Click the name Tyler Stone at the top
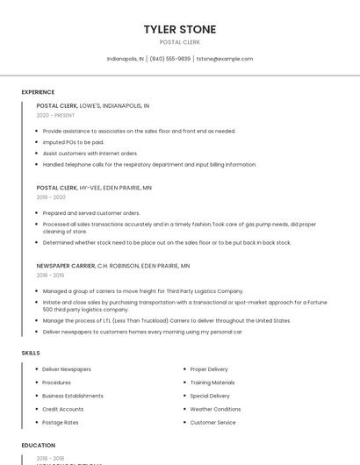180,30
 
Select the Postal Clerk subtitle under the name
180,42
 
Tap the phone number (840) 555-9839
170,59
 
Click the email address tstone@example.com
225,59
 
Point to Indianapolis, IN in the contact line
126,59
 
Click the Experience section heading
38,92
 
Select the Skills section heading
31,353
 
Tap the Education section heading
39,446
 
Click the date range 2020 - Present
55,115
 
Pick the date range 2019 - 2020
51,197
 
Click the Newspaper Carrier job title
66,265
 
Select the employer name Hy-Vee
90,188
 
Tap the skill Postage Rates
61,422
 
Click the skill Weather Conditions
215,409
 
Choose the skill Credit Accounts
63,409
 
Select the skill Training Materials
212,383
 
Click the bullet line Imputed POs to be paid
73,142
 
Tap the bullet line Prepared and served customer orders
91,213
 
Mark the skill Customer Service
213,422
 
